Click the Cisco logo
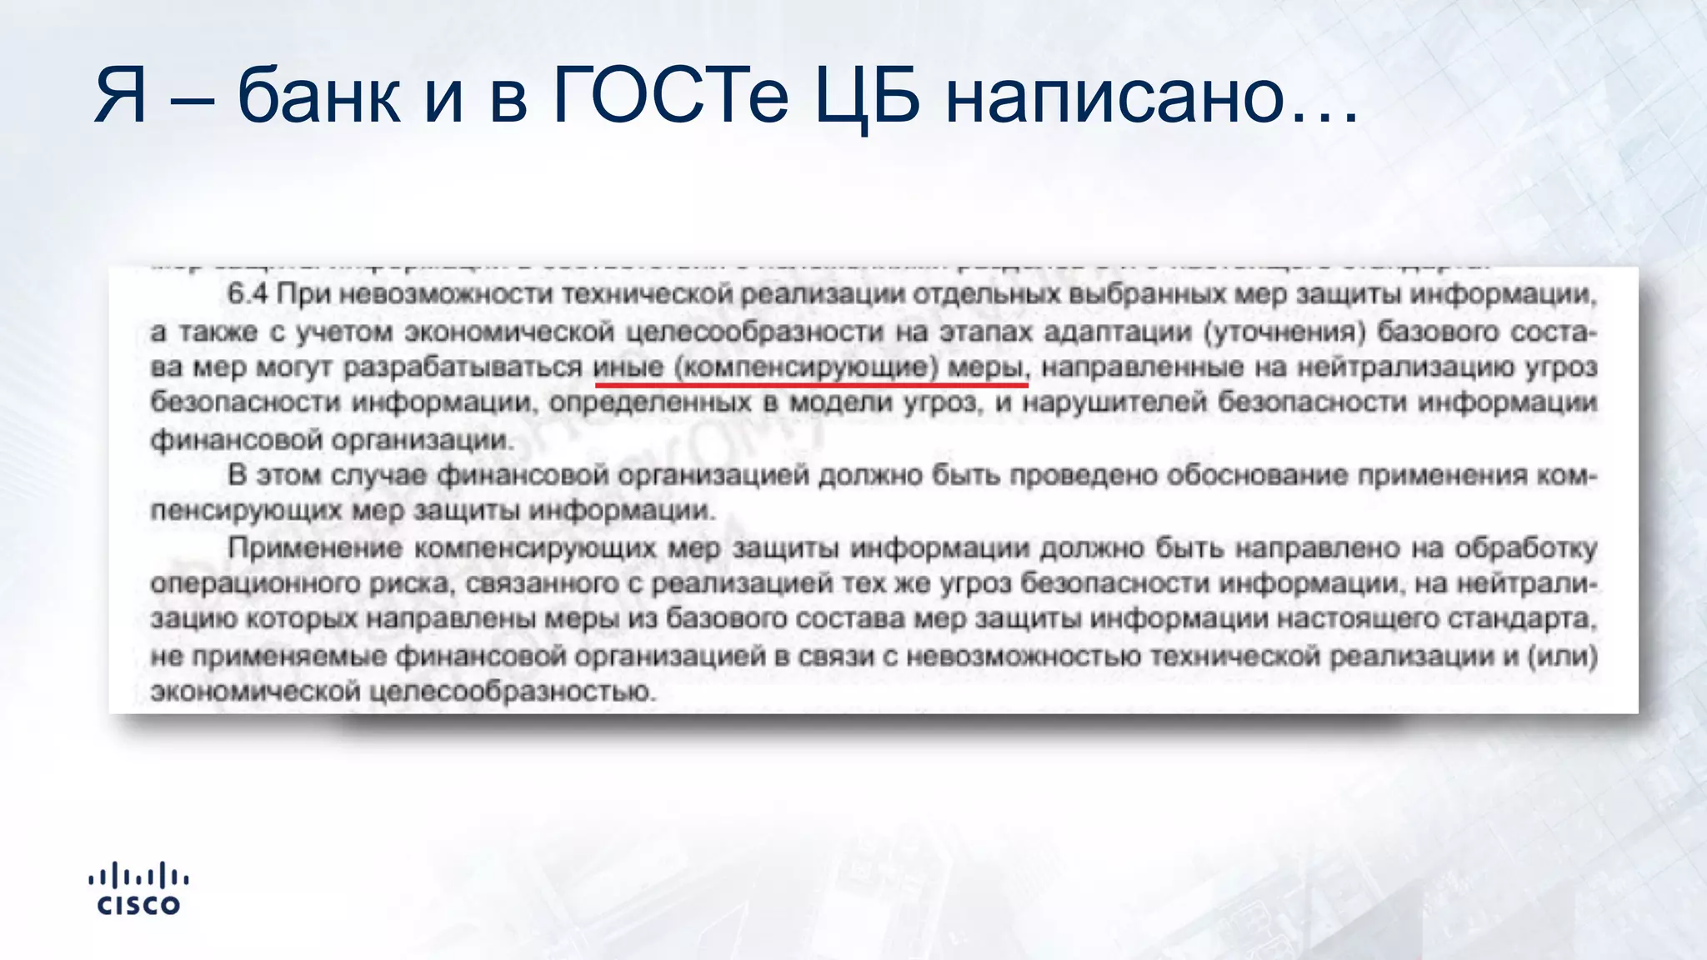coord(138,889)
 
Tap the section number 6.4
coord(247,294)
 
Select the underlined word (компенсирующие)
coord(806,367)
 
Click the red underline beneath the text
coord(811,385)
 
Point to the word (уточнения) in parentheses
coord(1284,332)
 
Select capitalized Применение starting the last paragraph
coord(314,547)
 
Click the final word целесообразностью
coord(512,692)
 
